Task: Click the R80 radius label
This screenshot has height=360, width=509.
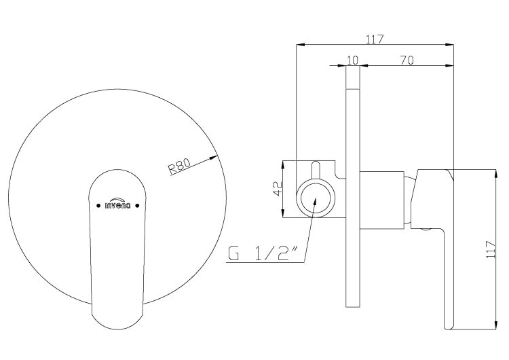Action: [179, 166]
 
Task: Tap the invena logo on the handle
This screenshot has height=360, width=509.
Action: [117, 203]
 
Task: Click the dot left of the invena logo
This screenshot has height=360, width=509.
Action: [98, 205]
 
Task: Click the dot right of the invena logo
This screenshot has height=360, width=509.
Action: [137, 205]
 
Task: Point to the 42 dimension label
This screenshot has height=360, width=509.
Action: [277, 188]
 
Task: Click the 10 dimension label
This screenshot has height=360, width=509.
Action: [352, 60]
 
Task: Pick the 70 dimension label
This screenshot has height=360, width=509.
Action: [407, 60]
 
